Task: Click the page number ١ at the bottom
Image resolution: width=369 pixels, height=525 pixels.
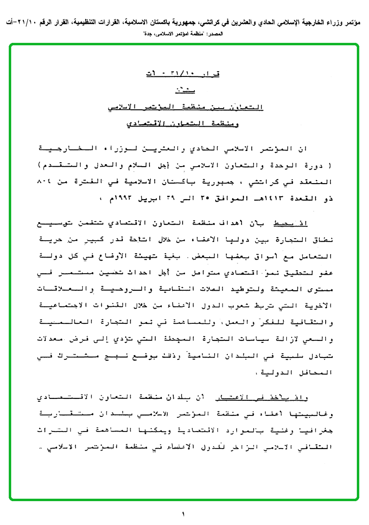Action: coord(184,514)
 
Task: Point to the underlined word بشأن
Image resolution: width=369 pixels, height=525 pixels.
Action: coord(184,90)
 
